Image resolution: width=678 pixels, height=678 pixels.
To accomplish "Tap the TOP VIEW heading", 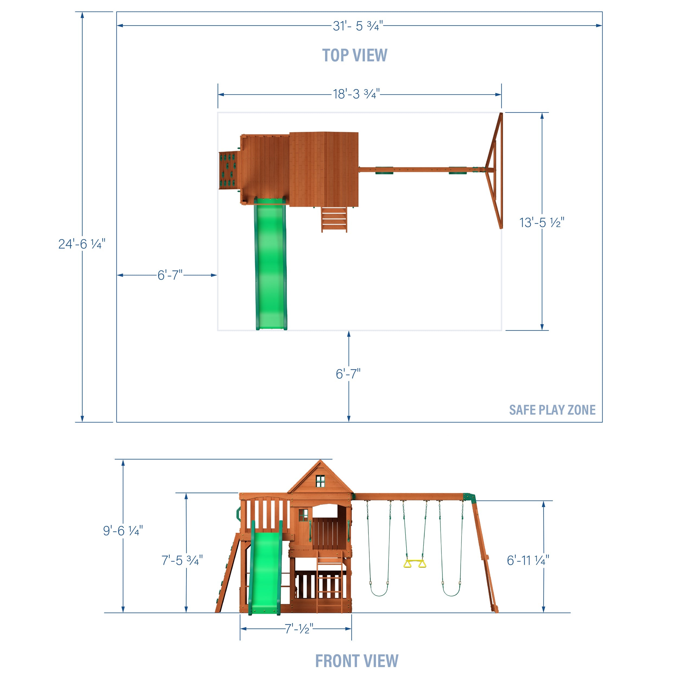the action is [x=355, y=55].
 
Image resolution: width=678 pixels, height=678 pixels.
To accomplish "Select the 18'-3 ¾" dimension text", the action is [x=356, y=94].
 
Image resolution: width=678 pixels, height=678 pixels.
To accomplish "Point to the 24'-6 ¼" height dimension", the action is [x=82, y=244].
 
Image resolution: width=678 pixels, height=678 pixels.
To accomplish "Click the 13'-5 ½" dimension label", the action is [x=542, y=222].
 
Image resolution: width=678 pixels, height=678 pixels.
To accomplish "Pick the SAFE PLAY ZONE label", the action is [x=552, y=410].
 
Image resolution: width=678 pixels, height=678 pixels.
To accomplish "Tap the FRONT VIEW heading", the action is [x=357, y=661].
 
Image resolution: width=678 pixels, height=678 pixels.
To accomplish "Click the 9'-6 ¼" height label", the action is [x=123, y=531].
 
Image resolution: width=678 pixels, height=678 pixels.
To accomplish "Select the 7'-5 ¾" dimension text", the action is [x=182, y=561].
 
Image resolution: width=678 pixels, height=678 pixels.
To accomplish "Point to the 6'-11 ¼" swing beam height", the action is [x=528, y=561].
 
